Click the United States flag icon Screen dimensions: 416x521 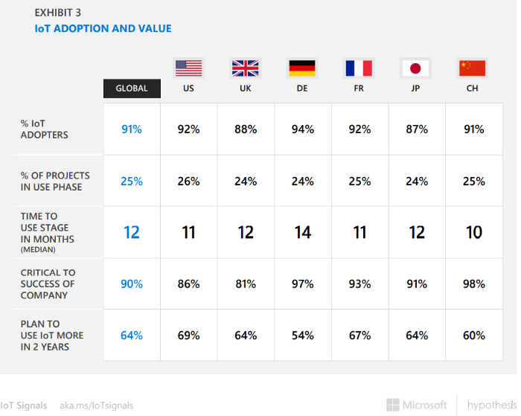click(189, 68)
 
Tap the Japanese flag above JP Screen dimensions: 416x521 click(416, 68)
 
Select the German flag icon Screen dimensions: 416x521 click(302, 68)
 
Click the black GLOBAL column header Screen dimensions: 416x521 click(132, 89)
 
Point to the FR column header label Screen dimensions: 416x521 click(359, 89)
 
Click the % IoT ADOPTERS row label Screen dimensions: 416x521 click(45, 129)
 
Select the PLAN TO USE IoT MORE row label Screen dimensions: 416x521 click(52, 336)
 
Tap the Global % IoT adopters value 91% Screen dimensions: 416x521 click(132, 129)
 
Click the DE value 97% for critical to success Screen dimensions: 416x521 click(302, 284)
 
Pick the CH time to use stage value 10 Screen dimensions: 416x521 click(473, 232)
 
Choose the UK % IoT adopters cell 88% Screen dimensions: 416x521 click(246, 129)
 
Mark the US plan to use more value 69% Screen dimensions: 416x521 click(189, 336)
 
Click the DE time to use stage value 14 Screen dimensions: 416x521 click(302, 232)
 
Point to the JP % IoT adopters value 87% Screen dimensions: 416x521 click(416, 129)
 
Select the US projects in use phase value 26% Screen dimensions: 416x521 click(189, 182)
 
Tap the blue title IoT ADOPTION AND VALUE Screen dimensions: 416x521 click(103, 29)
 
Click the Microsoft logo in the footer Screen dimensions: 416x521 click(417, 405)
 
